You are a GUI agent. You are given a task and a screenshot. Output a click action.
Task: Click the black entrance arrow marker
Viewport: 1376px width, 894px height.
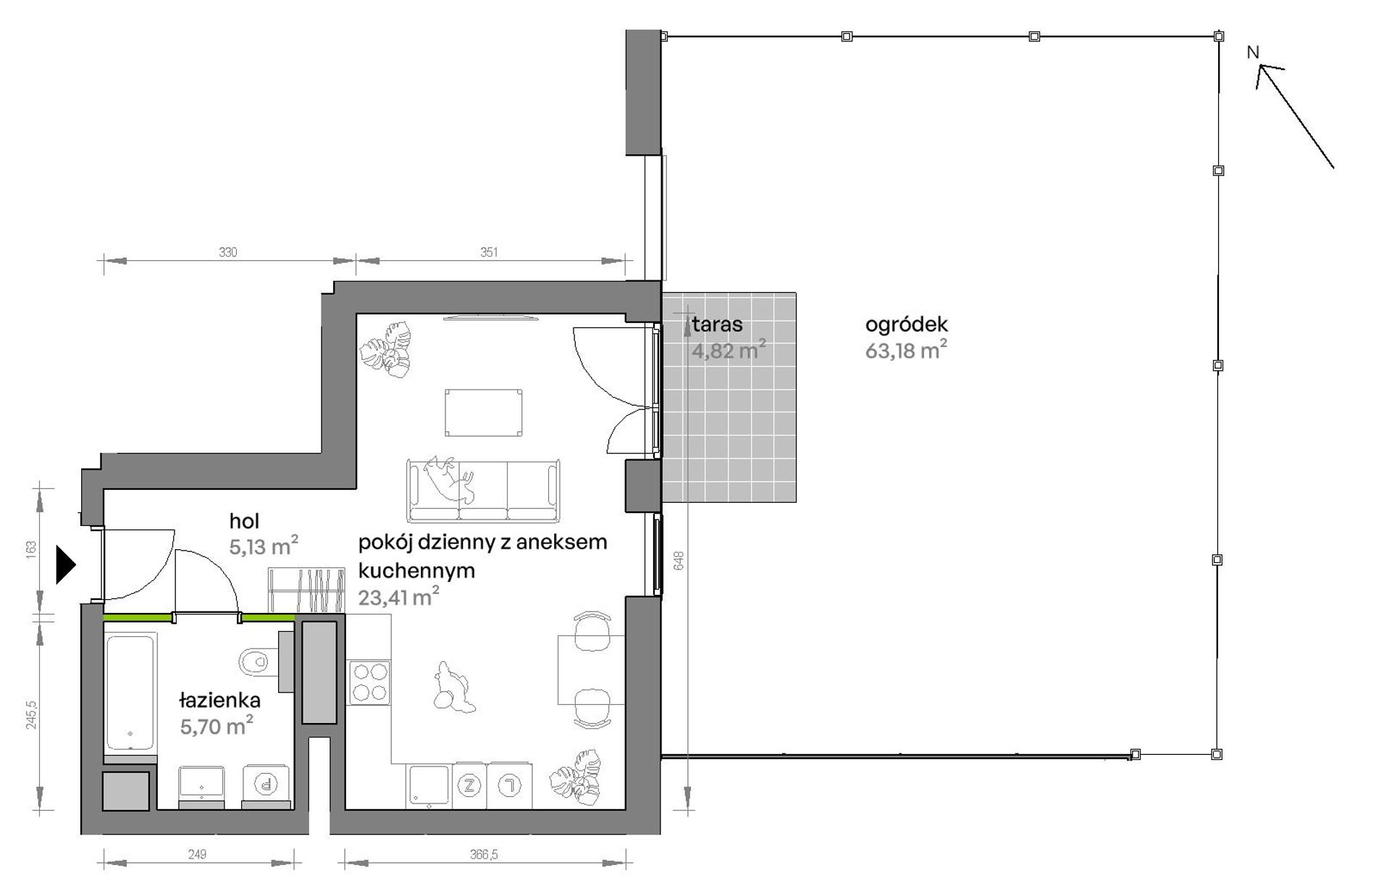tap(65, 564)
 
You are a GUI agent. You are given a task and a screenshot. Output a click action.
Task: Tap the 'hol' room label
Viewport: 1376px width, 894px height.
tap(244, 521)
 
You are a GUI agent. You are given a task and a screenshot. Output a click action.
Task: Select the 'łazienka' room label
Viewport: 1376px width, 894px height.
tap(219, 701)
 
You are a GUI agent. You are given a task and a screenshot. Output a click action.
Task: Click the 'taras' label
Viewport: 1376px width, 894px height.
tap(717, 325)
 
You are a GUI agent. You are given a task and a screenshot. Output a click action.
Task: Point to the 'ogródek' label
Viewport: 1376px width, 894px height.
tap(906, 325)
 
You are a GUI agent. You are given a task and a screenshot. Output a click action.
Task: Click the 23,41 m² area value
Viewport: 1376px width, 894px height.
tap(398, 597)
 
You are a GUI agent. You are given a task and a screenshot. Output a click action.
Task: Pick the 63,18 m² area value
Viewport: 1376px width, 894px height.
tap(906, 351)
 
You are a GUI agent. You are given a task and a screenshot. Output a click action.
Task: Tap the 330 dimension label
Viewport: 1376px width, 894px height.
tap(228, 252)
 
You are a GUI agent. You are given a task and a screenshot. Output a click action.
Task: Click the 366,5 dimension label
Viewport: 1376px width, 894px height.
tap(484, 855)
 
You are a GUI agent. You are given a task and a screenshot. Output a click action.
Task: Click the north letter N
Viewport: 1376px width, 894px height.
tap(1253, 52)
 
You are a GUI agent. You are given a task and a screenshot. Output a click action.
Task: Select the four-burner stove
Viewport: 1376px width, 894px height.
tap(369, 682)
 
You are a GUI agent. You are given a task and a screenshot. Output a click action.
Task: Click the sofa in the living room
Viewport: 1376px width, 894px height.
tap(484, 490)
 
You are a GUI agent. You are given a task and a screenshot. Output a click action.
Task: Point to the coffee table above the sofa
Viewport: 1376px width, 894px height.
tap(484, 413)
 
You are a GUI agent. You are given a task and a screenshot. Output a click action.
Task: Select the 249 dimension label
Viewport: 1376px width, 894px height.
tap(197, 855)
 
